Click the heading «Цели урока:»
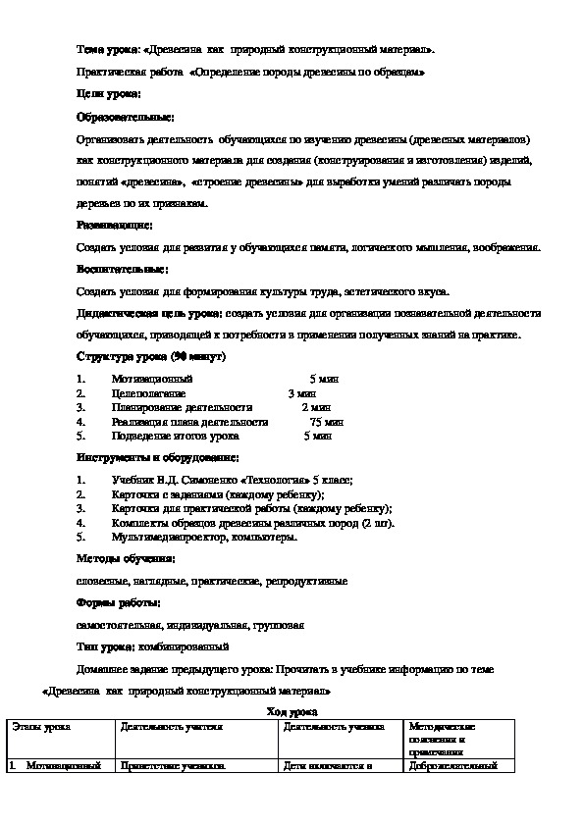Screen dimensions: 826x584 [x=109, y=93]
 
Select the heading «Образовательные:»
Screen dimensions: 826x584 [x=125, y=116]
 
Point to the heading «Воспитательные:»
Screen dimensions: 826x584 [x=122, y=268]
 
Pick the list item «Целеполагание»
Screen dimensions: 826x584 [x=148, y=392]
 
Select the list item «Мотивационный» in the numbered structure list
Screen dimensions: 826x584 [x=152, y=378]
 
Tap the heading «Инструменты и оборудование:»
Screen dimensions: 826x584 [x=158, y=457]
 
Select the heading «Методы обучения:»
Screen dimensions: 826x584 [x=126, y=558]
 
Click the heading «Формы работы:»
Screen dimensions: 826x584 [x=119, y=601]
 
